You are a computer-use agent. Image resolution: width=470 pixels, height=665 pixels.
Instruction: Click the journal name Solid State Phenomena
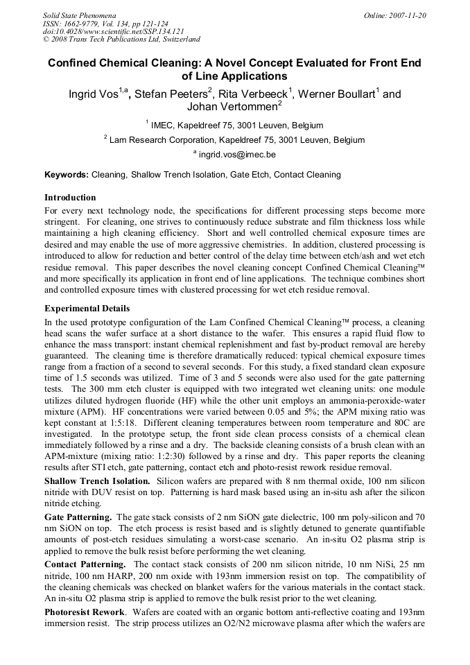tap(79, 15)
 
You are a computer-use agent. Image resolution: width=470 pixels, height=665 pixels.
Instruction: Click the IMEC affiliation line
tap(234, 126)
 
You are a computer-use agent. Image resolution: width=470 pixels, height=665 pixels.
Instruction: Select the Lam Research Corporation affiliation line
tap(234, 140)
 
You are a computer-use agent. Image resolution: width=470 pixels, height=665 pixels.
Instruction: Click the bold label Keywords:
tap(67, 175)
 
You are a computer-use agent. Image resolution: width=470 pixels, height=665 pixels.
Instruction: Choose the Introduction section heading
tap(70, 198)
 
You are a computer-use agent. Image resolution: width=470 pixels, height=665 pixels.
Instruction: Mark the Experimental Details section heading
tap(87, 309)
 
